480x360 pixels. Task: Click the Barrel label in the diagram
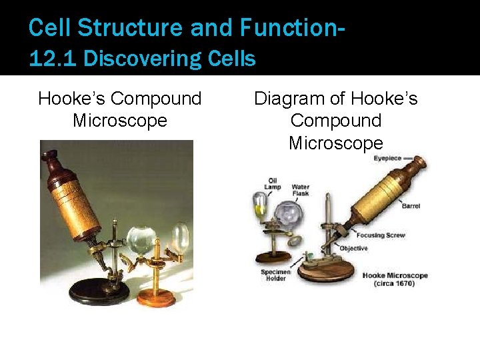click(411, 206)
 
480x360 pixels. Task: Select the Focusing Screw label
click(381, 235)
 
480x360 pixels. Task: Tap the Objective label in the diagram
click(353, 248)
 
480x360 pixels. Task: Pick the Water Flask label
click(300, 190)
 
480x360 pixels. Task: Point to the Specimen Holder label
click(274, 275)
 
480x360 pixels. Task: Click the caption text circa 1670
click(395, 283)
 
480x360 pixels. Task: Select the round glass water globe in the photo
click(141, 240)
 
